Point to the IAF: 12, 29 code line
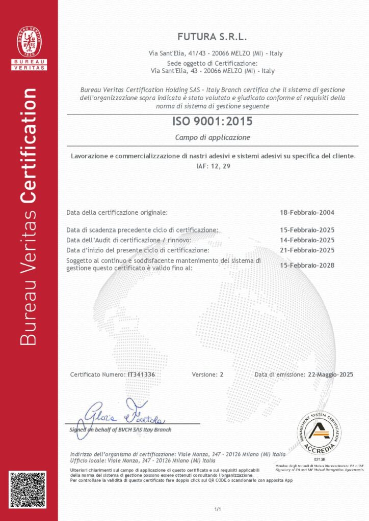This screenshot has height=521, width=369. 213,166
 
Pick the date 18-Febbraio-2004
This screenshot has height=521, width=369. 307,212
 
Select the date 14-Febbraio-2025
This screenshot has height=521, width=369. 307,240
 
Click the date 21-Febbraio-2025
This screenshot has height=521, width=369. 307,250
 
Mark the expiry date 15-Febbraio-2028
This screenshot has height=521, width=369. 307,265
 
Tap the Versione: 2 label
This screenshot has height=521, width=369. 207,374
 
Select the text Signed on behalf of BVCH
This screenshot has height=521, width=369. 121,429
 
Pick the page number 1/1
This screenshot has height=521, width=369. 218,509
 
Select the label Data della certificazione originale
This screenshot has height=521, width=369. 117,212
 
